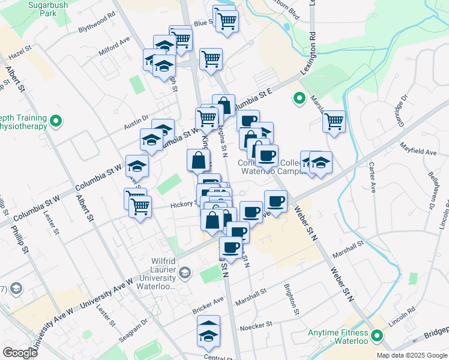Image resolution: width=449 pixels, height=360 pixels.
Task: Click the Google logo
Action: point(20,353)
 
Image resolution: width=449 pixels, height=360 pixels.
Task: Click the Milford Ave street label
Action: point(115,44)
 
